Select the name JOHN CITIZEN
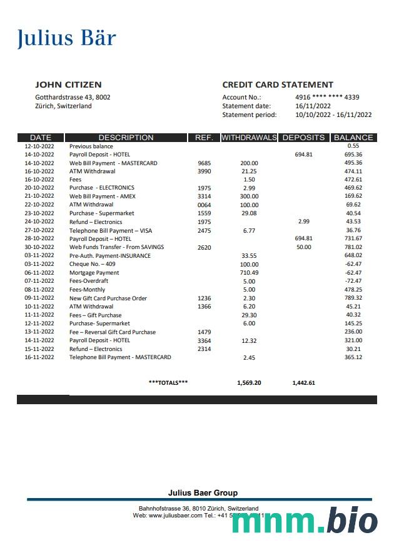[68, 85]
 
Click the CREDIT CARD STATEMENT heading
[278, 85]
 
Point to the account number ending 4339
[327, 97]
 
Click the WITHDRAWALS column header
[249, 138]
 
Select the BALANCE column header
[353, 138]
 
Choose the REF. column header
[204, 138]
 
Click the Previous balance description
[91, 146]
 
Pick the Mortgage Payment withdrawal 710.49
[249, 273]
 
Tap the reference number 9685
[205, 163]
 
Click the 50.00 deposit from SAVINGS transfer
[303, 247]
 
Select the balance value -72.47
[353, 281]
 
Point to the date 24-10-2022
[39, 222]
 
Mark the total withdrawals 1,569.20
[249, 382]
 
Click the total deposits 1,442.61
[303, 382]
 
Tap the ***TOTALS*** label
[168, 382]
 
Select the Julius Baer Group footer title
[203, 493]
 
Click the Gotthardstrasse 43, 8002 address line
[73, 97]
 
